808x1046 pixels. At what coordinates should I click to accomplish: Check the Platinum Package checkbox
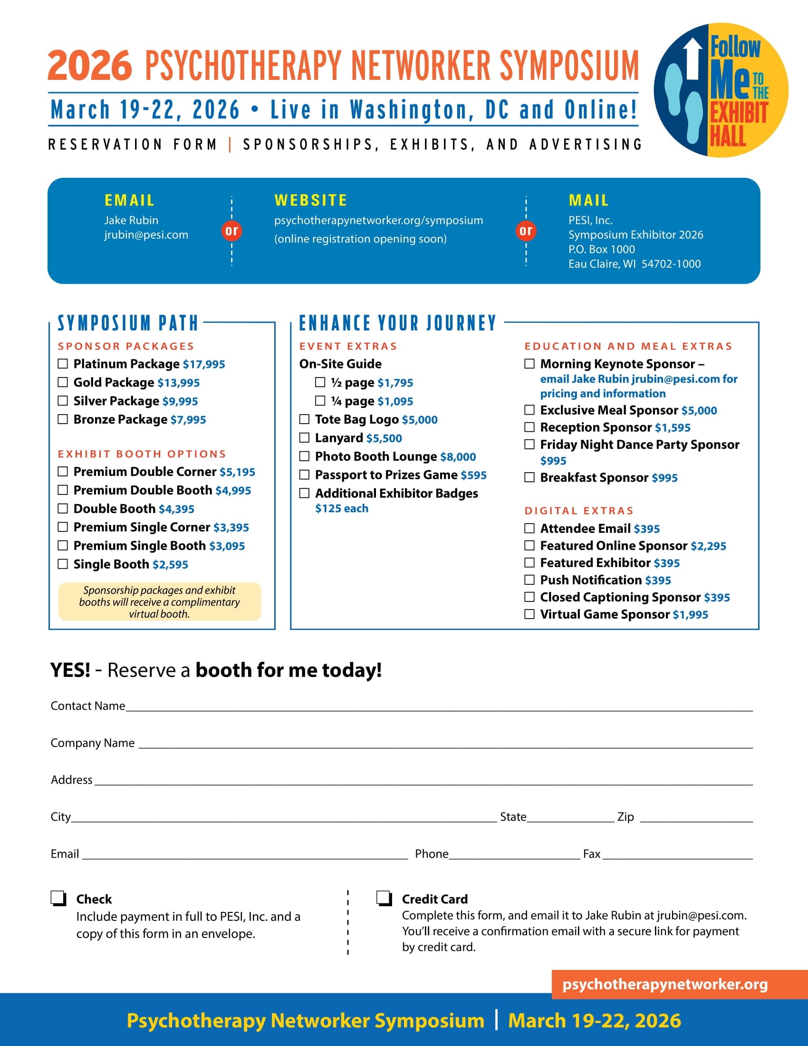(63, 364)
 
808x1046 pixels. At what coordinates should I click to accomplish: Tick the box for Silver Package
(63, 401)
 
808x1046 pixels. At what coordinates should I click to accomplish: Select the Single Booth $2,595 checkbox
(63, 564)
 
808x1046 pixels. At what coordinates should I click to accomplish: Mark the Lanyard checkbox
(305, 438)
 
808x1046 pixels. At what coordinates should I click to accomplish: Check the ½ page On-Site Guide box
(320, 382)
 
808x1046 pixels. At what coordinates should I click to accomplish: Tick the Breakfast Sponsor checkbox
(529, 477)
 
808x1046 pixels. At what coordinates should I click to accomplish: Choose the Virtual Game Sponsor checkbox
(529, 614)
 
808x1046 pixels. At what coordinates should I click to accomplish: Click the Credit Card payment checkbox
(384, 898)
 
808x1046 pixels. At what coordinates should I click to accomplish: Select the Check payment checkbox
(58, 898)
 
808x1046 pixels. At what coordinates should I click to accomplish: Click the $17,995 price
(204, 365)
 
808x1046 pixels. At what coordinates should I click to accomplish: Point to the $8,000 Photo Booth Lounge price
(458, 457)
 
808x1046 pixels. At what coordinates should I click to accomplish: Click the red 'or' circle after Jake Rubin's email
(231, 231)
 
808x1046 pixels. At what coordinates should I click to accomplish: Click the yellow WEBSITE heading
(311, 200)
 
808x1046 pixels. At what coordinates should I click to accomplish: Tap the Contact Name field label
(88, 706)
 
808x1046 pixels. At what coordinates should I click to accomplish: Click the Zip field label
(625, 816)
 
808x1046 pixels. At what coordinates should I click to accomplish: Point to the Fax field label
(591, 854)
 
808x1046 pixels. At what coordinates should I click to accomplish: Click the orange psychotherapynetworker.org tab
(665, 985)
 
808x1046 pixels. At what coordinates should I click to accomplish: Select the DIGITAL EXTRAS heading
(579, 511)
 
